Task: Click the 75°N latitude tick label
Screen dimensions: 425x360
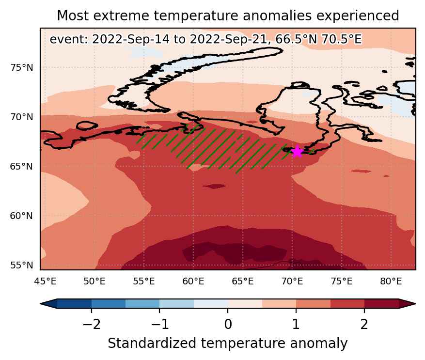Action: (x=22, y=67)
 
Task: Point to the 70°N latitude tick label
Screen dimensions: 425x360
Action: (x=22, y=117)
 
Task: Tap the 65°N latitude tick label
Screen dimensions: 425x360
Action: (x=22, y=167)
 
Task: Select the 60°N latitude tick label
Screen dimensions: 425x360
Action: (x=22, y=216)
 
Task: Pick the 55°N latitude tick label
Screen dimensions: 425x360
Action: (x=22, y=266)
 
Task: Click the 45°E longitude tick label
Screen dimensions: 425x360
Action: (x=45, y=282)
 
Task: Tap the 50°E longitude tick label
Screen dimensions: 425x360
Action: (x=94, y=282)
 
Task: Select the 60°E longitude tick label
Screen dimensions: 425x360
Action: (x=193, y=282)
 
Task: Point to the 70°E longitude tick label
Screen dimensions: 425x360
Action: (x=292, y=282)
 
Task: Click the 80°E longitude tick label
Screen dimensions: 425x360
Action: (x=391, y=282)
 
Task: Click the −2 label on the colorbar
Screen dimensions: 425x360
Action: (x=92, y=324)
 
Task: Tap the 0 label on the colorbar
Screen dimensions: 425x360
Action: (x=228, y=324)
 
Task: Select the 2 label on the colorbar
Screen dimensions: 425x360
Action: (x=364, y=324)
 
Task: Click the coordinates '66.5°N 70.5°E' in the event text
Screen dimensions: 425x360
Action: (x=318, y=40)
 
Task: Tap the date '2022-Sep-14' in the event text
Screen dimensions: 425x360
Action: (x=131, y=40)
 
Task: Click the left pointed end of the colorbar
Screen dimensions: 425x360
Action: (x=41, y=304)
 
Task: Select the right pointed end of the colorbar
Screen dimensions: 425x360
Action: (x=415, y=304)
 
